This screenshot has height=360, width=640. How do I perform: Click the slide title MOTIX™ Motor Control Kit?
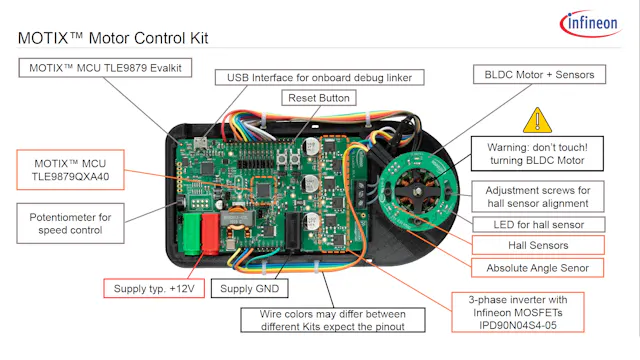click(x=118, y=39)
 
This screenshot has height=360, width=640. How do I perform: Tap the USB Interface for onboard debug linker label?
click(x=321, y=77)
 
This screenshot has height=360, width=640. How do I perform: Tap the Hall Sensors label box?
click(x=536, y=245)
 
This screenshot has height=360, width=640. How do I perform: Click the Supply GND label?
click(x=253, y=290)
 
